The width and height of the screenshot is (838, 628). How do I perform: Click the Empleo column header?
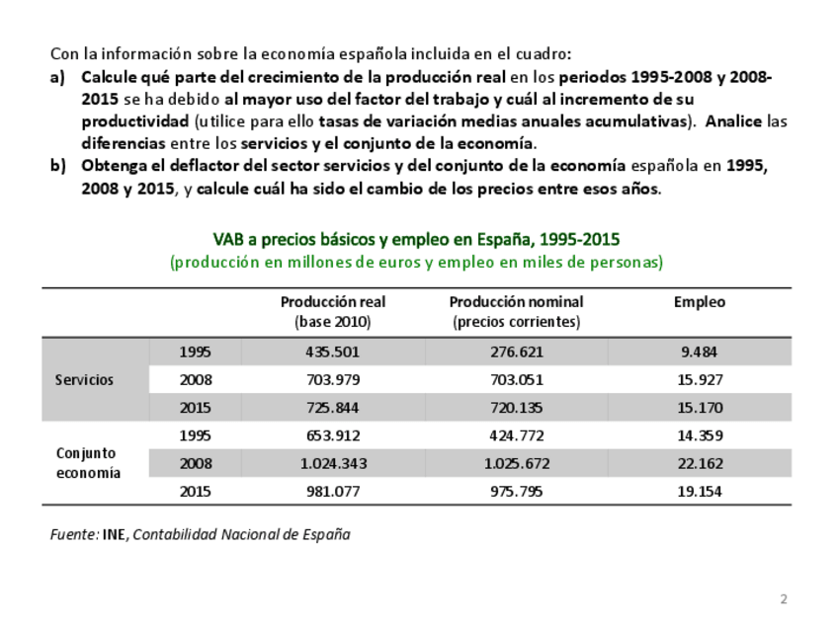699,302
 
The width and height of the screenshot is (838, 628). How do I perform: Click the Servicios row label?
84,379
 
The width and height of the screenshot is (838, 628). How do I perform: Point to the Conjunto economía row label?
86,462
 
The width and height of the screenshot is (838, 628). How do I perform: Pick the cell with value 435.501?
332,352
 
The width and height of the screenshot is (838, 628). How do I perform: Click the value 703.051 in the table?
516,379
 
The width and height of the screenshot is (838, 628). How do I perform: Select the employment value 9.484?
700,352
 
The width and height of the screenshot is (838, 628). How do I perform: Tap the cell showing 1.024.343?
332,463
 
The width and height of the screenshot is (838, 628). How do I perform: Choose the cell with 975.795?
516,491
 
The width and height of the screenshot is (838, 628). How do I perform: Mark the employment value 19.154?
700,491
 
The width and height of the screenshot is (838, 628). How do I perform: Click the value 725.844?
332,407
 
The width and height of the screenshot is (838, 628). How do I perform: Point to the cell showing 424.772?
516,435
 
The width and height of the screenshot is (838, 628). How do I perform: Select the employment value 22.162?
700,463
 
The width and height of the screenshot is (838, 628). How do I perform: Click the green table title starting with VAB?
416,240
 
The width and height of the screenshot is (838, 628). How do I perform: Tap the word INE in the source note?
114,534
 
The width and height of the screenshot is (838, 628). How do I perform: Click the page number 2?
784,599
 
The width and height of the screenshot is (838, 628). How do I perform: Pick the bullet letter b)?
58,165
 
